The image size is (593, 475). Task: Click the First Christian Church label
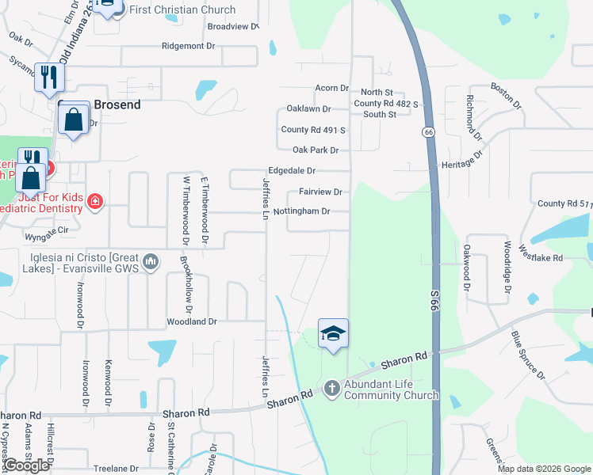coord(182,9)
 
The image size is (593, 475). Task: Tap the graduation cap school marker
coord(333,334)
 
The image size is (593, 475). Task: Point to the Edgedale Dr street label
coord(292,170)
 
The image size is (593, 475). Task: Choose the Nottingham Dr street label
coord(300,211)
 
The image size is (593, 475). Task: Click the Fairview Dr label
coord(320,192)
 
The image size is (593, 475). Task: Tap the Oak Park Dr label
coord(316,150)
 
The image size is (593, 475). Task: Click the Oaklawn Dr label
coord(308,108)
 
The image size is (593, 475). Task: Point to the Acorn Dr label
coord(332,88)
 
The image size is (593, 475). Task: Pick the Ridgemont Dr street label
coord(188,46)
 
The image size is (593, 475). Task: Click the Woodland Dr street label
coord(191,321)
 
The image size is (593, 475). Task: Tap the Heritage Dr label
coord(465,161)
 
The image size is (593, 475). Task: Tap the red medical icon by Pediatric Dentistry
coord(95,201)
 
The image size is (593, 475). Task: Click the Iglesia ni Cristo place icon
coord(152,261)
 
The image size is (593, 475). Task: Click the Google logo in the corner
coord(26,465)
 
